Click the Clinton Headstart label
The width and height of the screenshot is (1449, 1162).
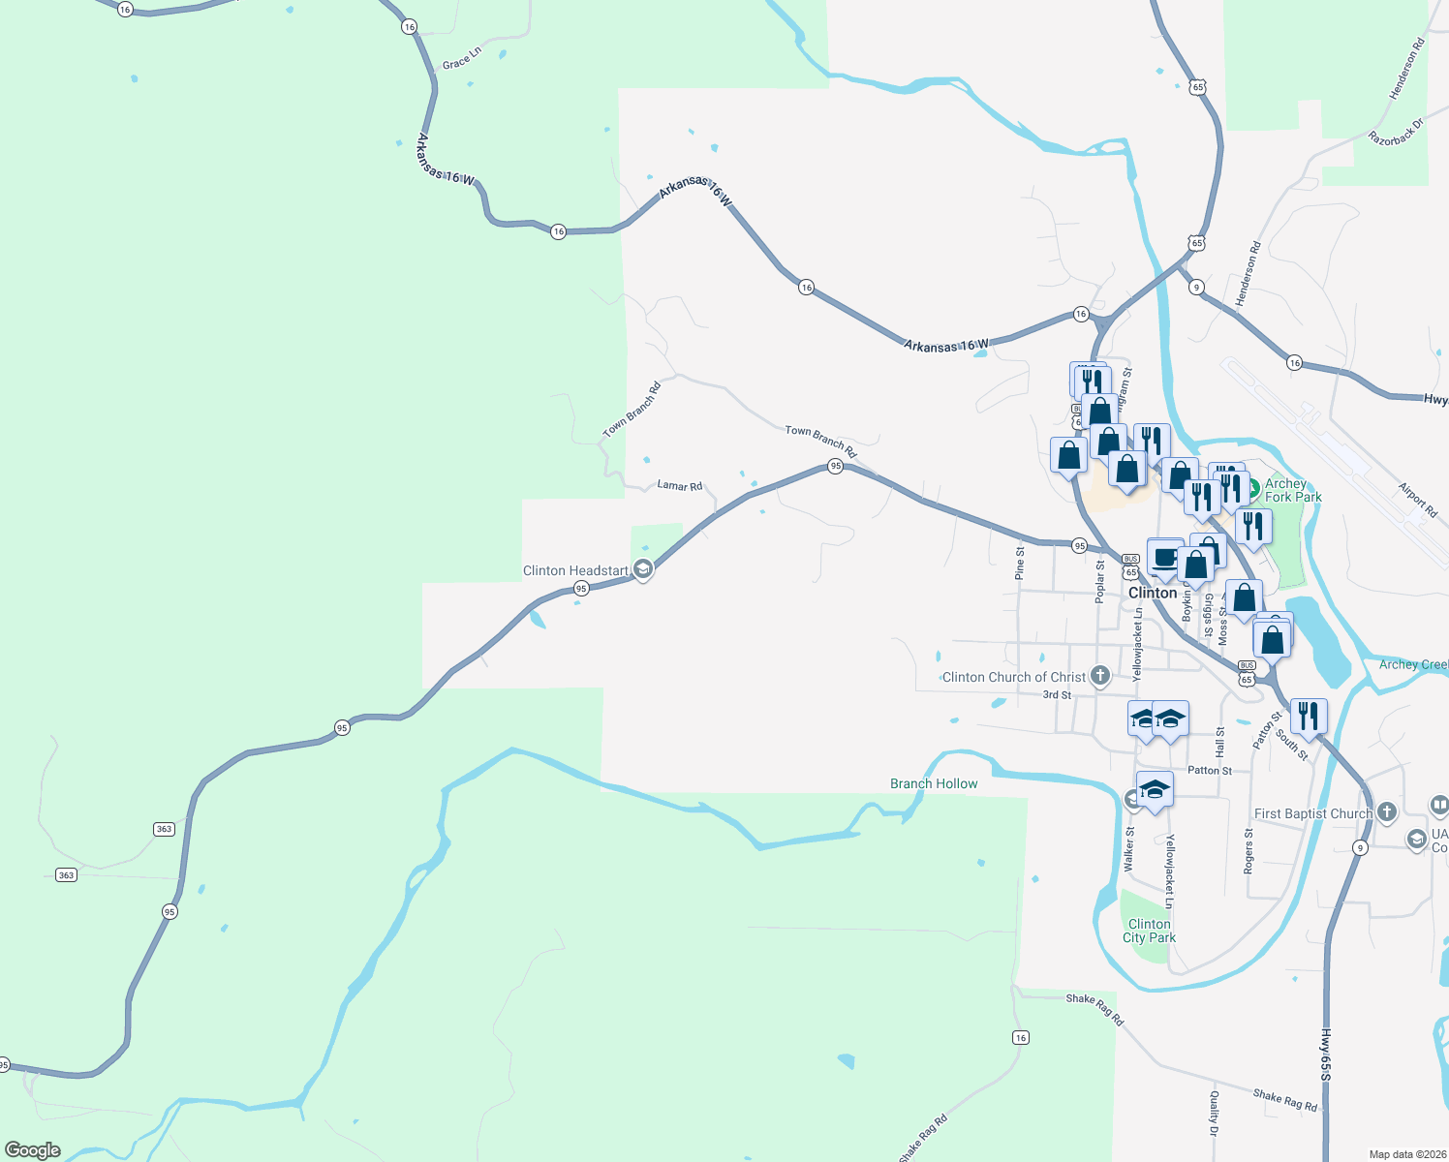575,571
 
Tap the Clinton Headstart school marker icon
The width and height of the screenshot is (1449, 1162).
643,570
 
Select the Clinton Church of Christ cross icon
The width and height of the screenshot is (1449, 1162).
1099,676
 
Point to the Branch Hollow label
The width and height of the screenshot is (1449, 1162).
934,783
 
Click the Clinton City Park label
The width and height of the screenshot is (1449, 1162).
1149,931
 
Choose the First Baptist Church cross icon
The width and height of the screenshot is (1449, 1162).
1387,812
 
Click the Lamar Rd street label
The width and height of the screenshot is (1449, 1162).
679,485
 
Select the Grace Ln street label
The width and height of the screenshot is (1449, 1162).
461,58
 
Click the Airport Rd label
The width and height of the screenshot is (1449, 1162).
1417,500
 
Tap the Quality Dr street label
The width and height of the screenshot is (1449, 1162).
1214,1113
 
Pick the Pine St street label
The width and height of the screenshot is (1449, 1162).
1020,564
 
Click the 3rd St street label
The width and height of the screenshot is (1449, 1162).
1057,695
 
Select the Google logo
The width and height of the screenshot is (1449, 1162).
33,1149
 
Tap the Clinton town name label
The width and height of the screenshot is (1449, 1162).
1153,593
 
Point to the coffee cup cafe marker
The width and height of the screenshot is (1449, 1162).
1165,558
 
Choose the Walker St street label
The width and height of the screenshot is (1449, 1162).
1129,849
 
